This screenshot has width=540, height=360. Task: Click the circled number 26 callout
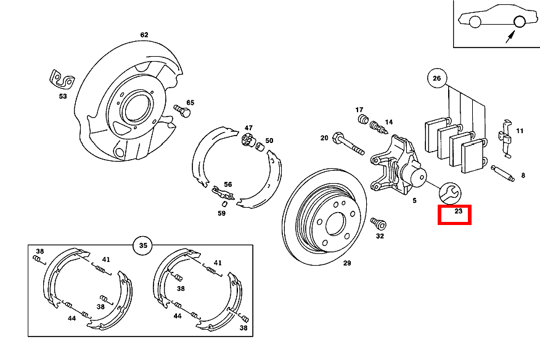(x=436, y=78)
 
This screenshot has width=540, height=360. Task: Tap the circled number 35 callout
(x=143, y=245)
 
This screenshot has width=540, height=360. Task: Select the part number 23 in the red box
(x=458, y=211)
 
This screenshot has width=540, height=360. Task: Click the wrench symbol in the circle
(x=450, y=194)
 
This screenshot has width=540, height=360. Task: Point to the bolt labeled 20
(x=348, y=144)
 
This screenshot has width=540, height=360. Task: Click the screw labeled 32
(x=378, y=223)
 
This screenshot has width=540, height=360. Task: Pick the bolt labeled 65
(x=182, y=111)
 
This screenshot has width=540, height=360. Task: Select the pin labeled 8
(x=503, y=173)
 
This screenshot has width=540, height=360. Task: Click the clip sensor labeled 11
(x=505, y=139)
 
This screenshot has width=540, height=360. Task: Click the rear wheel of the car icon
(x=519, y=22)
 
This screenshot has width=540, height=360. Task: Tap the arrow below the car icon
(x=510, y=37)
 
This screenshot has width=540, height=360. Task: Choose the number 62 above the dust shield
(x=144, y=35)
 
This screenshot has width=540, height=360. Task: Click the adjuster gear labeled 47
(x=248, y=139)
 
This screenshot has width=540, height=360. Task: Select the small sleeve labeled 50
(x=260, y=147)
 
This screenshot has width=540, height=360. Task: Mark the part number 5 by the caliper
(x=414, y=200)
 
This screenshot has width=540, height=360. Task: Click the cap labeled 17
(x=362, y=120)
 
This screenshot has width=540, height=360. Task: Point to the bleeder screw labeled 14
(x=378, y=127)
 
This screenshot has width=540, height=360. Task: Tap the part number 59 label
(x=221, y=213)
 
